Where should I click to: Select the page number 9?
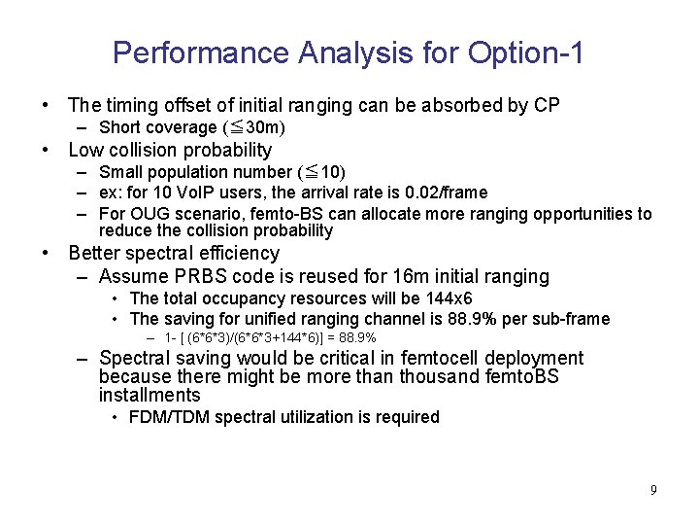653,490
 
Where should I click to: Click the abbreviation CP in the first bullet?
547,105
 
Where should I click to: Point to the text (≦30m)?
254,127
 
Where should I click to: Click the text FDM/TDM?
164,417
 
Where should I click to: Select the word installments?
150,396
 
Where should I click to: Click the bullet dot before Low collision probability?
46,151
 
